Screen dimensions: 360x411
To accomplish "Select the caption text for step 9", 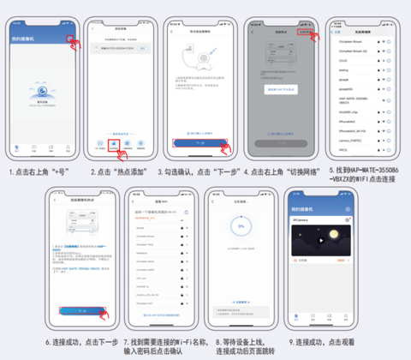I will (321, 341).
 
